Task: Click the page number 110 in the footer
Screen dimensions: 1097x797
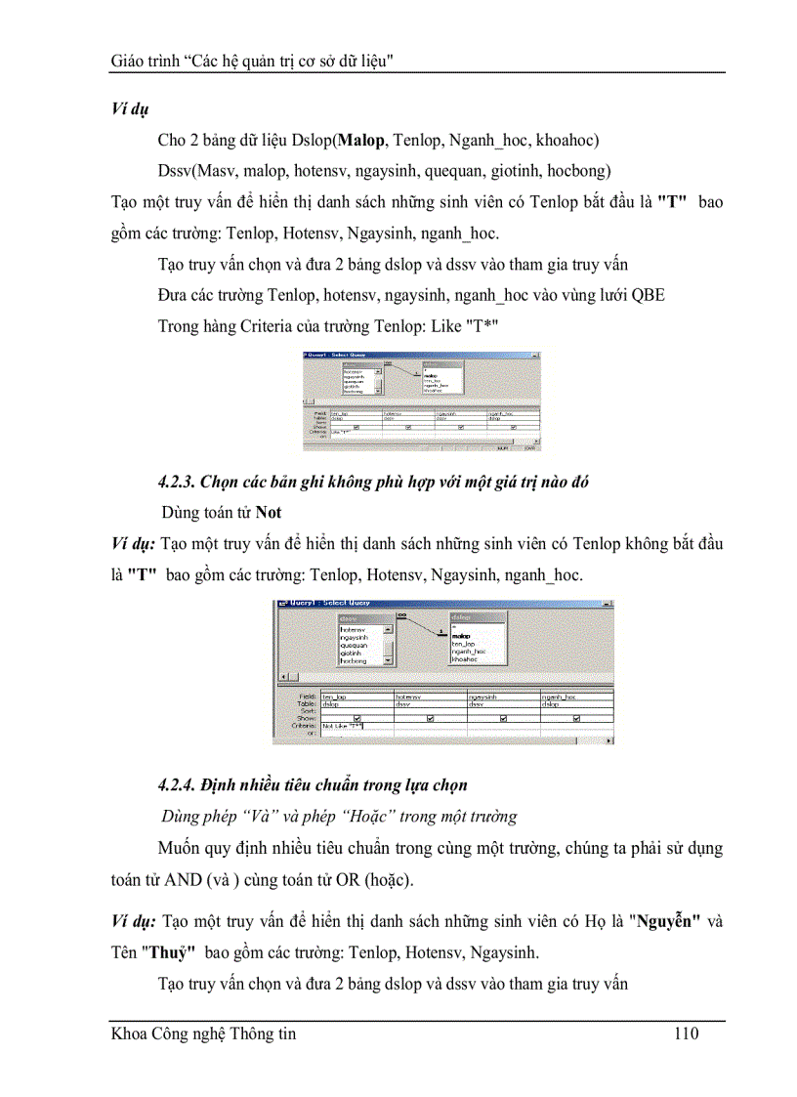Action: [686, 1034]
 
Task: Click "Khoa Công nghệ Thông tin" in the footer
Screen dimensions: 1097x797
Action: [203, 1034]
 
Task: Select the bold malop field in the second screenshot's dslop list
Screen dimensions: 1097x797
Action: [463, 635]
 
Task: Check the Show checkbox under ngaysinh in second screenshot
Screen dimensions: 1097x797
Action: [503, 718]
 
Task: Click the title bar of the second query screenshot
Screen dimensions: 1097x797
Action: [440, 605]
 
